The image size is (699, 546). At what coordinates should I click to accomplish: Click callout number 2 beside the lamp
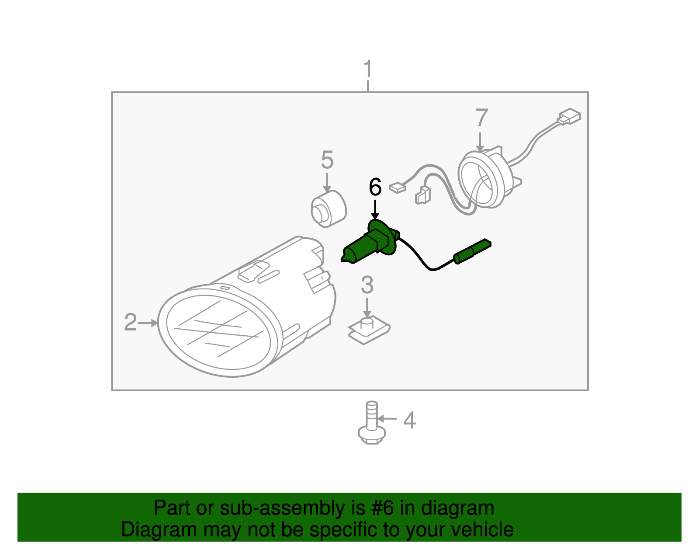coord(130,323)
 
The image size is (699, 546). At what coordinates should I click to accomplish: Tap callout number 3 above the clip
coord(367,285)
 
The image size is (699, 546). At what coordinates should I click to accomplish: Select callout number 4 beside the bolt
coord(409,420)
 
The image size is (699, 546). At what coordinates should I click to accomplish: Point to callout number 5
coord(327,160)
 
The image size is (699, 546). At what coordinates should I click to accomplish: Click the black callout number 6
coord(375,187)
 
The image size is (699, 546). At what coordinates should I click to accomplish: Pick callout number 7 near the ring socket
coord(481,118)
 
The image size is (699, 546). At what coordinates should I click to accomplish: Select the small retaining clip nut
coord(368,331)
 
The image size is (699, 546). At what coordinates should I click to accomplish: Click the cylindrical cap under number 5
coord(329,209)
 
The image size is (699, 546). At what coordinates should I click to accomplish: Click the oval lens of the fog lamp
coord(218,330)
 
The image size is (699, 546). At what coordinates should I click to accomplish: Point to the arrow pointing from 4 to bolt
coord(387,419)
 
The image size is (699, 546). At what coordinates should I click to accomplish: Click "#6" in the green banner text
coord(383,508)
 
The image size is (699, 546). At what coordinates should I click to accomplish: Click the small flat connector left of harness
coord(397,188)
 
